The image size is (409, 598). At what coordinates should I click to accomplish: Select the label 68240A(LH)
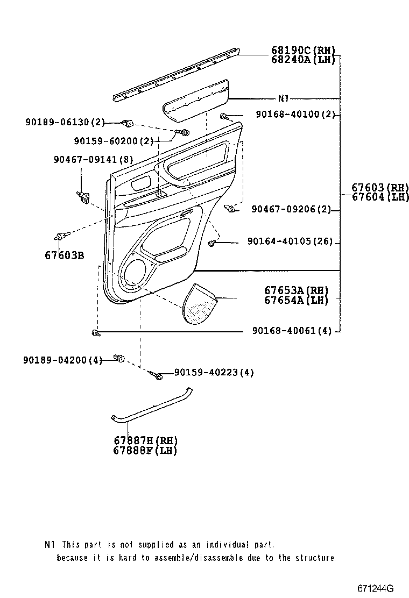click(x=303, y=60)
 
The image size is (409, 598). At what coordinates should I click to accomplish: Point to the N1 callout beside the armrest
click(x=284, y=98)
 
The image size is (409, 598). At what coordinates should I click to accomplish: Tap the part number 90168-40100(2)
click(x=295, y=115)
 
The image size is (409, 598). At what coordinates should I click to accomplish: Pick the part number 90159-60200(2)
click(x=114, y=141)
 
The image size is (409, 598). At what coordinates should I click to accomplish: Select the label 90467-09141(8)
click(x=93, y=159)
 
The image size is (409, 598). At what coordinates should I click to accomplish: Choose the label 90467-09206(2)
click(x=291, y=209)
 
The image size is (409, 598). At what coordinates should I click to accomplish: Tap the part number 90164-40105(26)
click(x=290, y=243)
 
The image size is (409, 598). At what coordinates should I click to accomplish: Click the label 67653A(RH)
click(x=296, y=291)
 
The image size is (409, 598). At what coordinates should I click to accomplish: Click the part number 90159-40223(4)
click(x=214, y=372)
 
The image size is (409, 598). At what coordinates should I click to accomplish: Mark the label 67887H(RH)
click(x=145, y=441)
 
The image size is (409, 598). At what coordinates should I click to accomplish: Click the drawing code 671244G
click(x=374, y=588)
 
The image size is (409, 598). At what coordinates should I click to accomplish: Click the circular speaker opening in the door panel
click(x=137, y=272)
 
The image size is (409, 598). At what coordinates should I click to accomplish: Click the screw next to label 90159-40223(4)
click(x=157, y=376)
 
